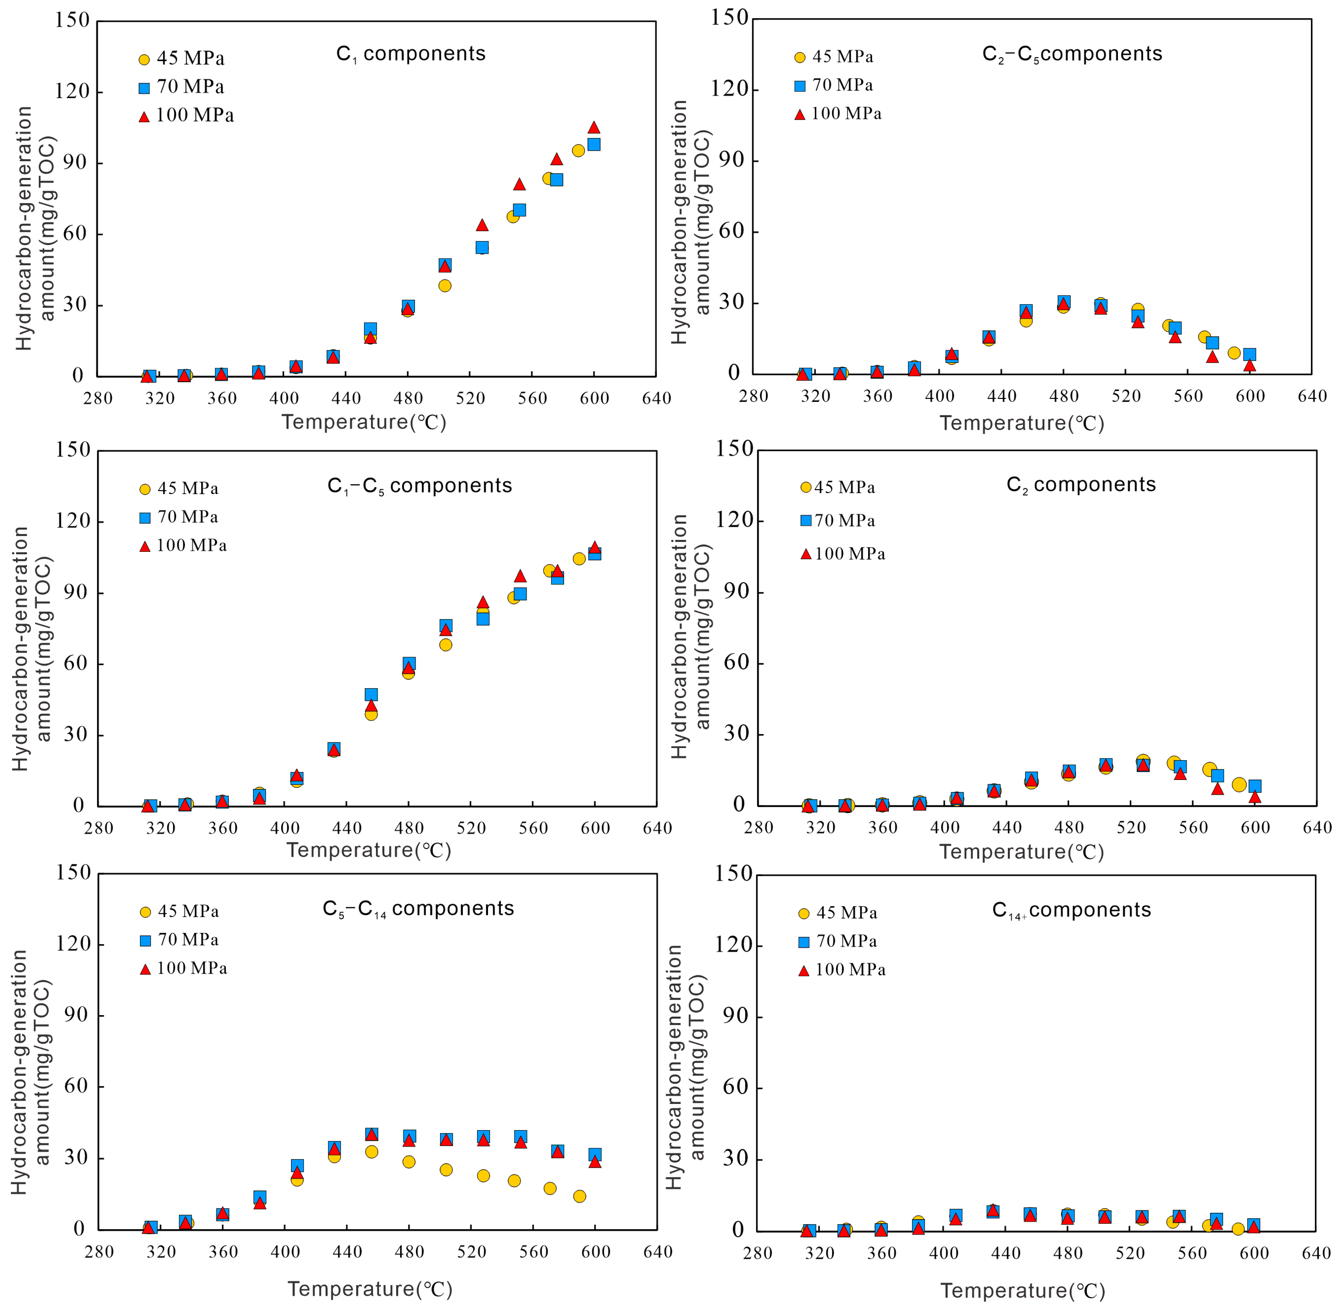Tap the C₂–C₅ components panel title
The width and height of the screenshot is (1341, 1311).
(1072, 54)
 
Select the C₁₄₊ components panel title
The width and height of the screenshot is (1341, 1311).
(1071, 910)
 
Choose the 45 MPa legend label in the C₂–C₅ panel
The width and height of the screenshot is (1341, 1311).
(843, 56)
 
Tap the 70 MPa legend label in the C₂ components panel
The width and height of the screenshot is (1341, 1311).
(845, 520)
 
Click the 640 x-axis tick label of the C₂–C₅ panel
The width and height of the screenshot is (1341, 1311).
(1311, 396)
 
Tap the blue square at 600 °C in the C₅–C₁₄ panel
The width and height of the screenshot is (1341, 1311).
(595, 1155)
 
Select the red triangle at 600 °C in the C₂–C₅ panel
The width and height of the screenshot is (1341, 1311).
(1249, 365)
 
